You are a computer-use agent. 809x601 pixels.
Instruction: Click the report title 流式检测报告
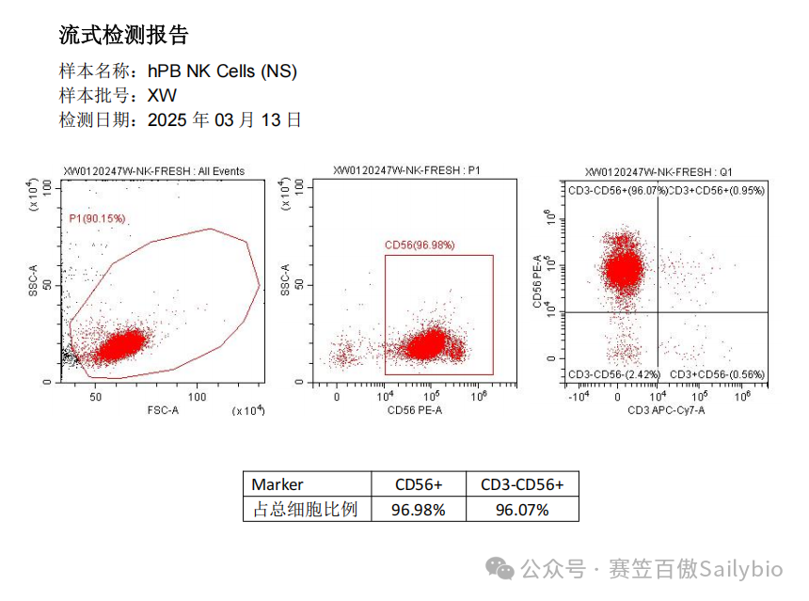(124, 36)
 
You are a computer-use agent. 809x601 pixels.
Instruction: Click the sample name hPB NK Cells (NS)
(222, 71)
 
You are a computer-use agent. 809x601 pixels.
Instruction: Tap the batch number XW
(162, 95)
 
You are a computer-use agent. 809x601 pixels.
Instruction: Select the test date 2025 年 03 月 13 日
(225, 120)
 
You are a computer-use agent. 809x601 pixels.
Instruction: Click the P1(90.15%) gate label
(97, 218)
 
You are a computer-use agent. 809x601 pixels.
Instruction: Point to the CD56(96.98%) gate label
(420, 245)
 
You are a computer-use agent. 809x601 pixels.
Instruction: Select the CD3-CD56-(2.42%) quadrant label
(609, 374)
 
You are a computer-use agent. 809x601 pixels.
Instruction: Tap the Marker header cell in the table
(278, 484)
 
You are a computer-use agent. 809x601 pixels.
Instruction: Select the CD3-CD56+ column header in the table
(522, 484)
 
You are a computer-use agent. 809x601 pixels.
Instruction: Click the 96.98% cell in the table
(418, 510)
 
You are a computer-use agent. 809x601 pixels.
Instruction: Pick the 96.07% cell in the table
(522, 510)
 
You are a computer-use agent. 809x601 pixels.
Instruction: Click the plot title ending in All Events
(153, 171)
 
